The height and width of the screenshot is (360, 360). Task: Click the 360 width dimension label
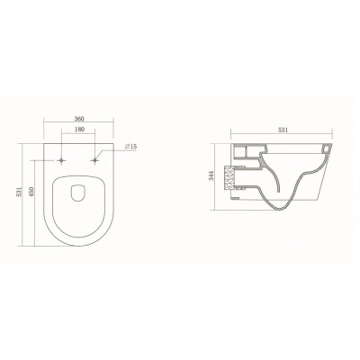[79, 119]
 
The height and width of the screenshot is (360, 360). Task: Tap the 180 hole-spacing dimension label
[80, 130]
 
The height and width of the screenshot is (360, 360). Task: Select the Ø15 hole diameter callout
[131, 147]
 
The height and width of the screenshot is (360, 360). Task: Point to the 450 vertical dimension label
[31, 192]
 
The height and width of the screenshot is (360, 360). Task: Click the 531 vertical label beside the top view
[20, 192]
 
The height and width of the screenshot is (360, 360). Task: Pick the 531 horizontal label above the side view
[283, 130]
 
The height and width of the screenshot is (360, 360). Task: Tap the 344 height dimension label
[211, 175]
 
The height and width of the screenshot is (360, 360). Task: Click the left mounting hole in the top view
[61, 160]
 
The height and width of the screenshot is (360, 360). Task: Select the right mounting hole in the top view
[94, 160]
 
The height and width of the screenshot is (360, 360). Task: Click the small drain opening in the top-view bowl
[78, 193]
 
